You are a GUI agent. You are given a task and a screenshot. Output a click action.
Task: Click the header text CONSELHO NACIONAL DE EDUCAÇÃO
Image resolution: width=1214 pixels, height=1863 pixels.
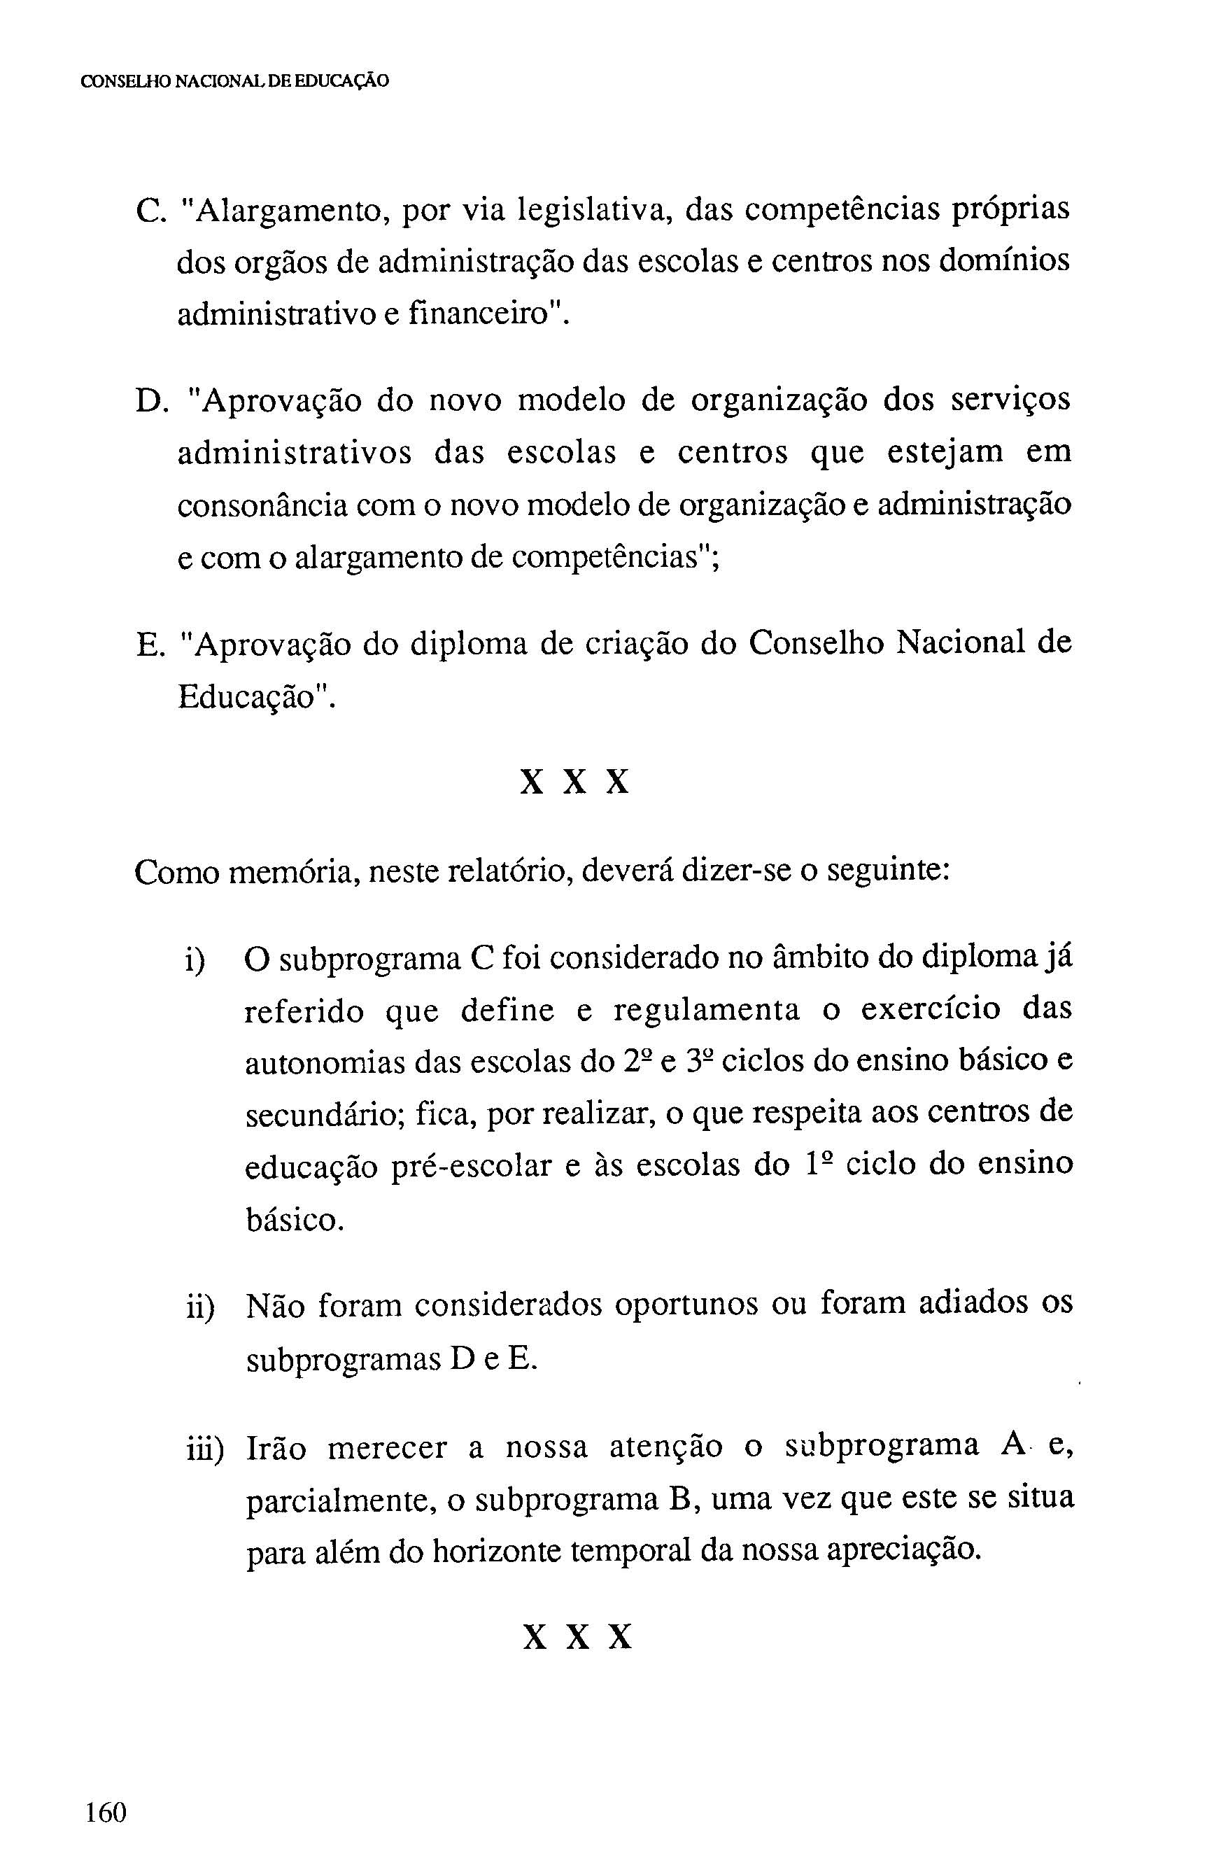235,80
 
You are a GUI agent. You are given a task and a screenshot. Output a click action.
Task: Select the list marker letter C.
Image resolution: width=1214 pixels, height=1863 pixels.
148,211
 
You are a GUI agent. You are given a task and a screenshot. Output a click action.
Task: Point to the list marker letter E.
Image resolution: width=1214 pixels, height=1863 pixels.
147,645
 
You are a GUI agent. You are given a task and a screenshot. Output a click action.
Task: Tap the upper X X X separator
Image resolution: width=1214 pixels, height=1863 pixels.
575,782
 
